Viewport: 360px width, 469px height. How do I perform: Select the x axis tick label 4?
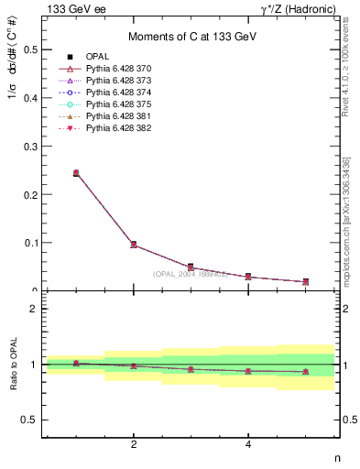[x=248, y=444]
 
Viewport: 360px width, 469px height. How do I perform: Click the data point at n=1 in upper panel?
[x=76, y=172]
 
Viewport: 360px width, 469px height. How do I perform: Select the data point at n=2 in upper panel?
[x=134, y=245]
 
